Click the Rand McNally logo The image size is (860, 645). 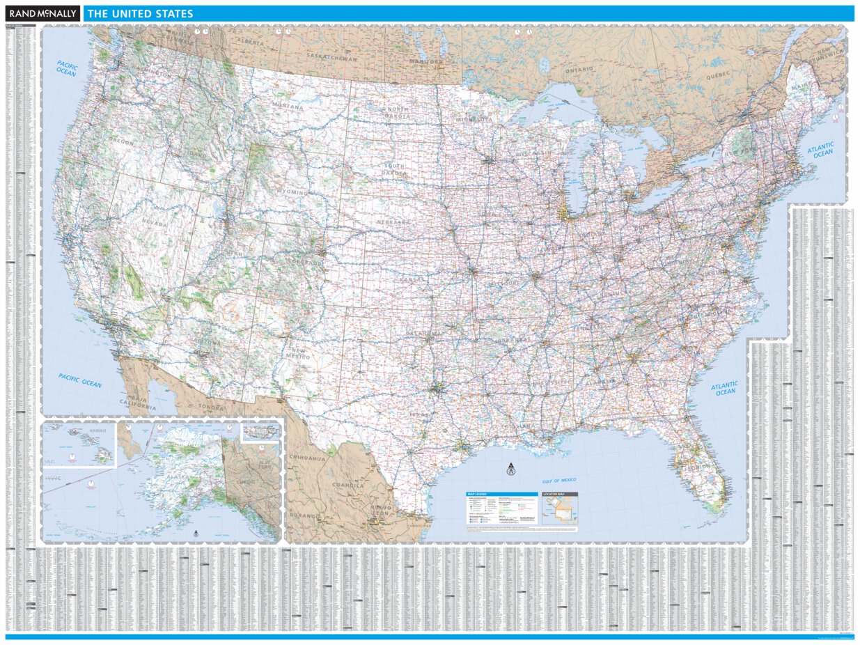42,13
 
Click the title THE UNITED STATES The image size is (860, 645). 140,14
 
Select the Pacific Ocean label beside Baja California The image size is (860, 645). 80,381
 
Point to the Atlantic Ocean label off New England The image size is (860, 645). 822,149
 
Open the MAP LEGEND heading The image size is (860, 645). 481,494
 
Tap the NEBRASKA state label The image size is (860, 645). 393,222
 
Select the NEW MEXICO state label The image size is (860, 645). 298,354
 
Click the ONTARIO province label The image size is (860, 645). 579,70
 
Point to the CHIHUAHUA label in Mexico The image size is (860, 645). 308,459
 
